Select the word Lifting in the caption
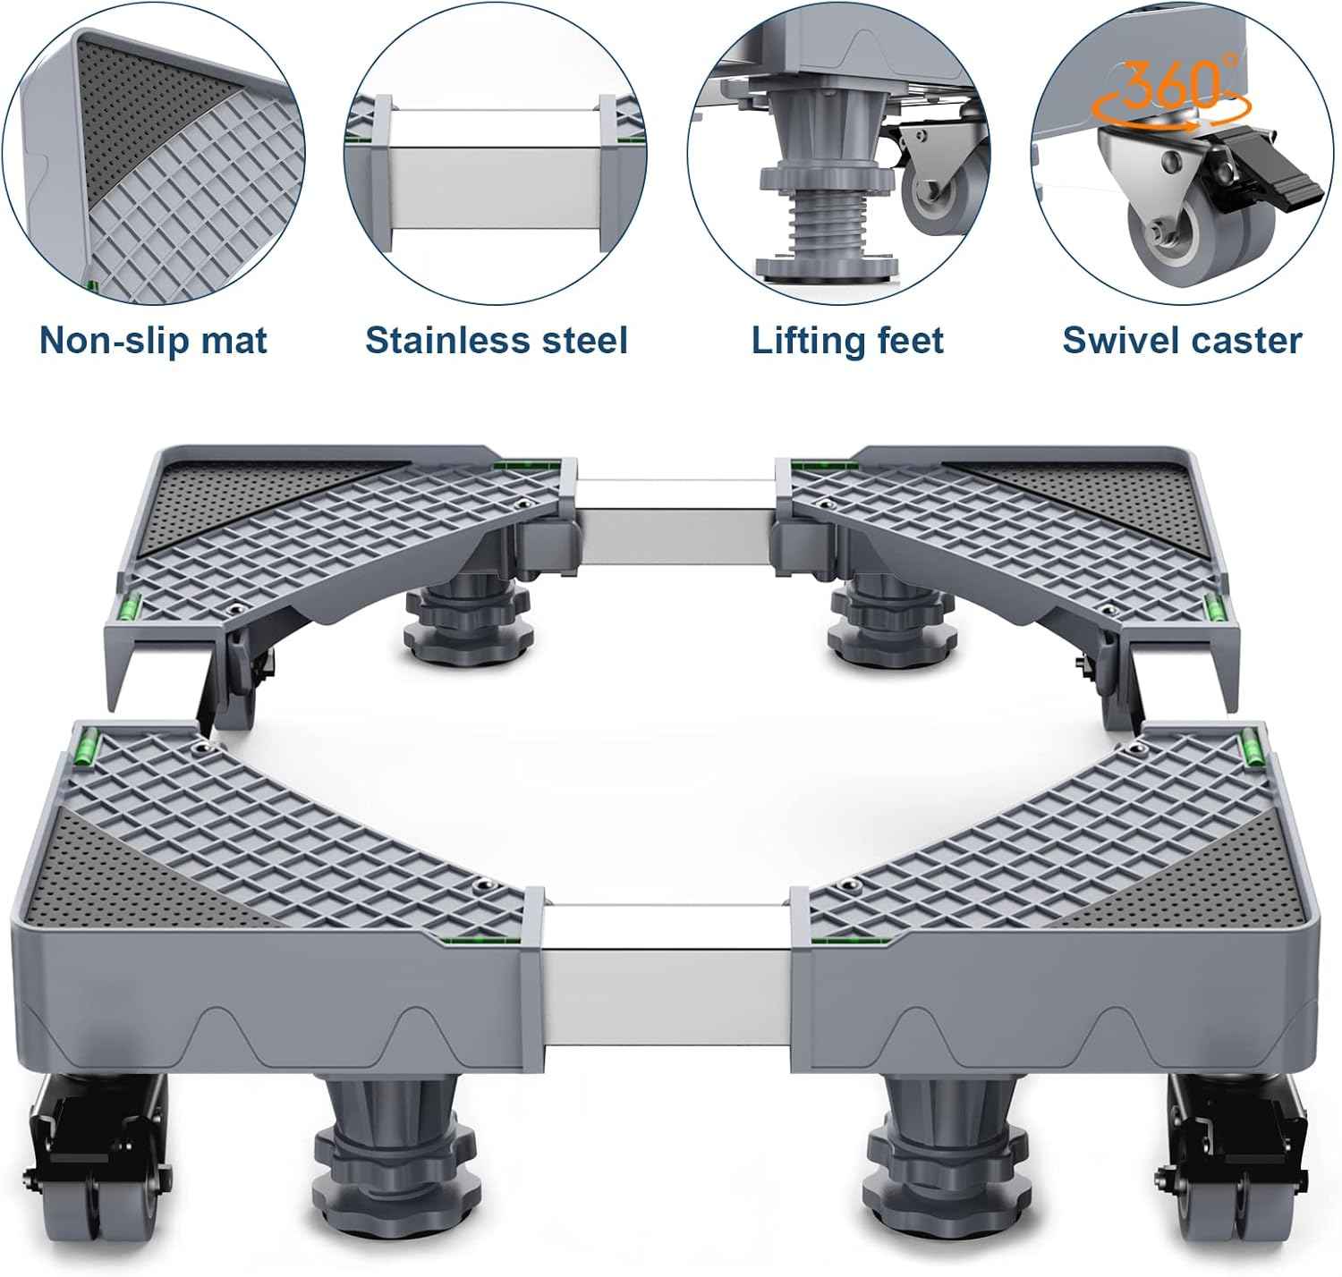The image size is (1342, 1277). coord(798,341)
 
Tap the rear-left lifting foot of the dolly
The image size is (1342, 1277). coord(468,618)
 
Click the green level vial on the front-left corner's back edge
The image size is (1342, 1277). coord(89,745)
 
